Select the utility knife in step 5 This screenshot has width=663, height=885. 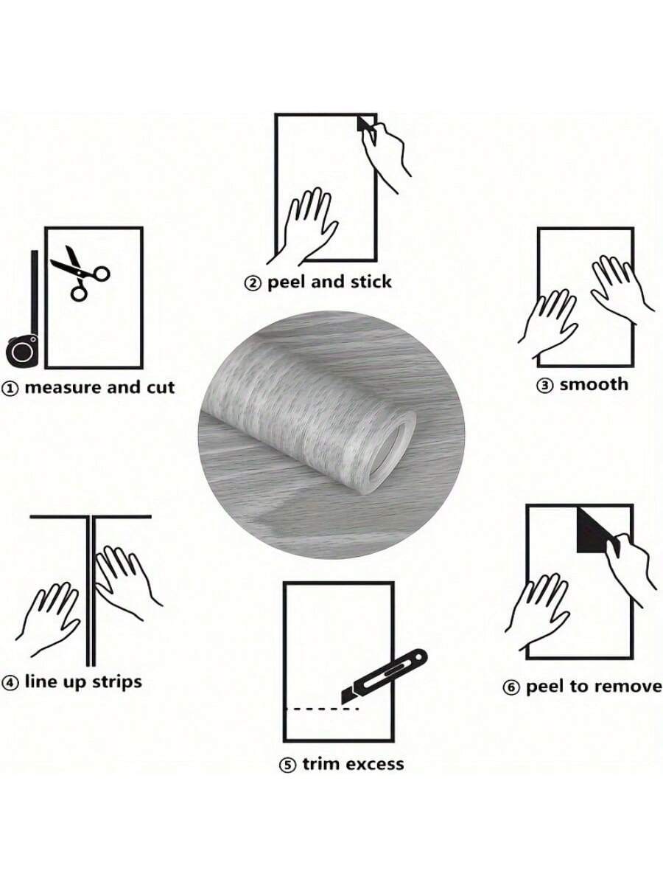click(384, 675)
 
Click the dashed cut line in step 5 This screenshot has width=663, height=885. click(321, 709)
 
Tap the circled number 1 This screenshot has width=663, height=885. click(10, 389)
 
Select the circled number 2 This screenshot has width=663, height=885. click(253, 283)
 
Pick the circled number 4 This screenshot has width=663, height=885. click(10, 683)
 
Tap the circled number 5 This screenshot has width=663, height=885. click(287, 766)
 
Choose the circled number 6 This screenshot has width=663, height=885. click(511, 688)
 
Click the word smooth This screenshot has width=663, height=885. click(594, 384)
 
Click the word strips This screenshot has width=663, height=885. click(116, 682)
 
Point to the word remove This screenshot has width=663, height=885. click(626, 687)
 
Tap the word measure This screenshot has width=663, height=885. click(63, 388)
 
